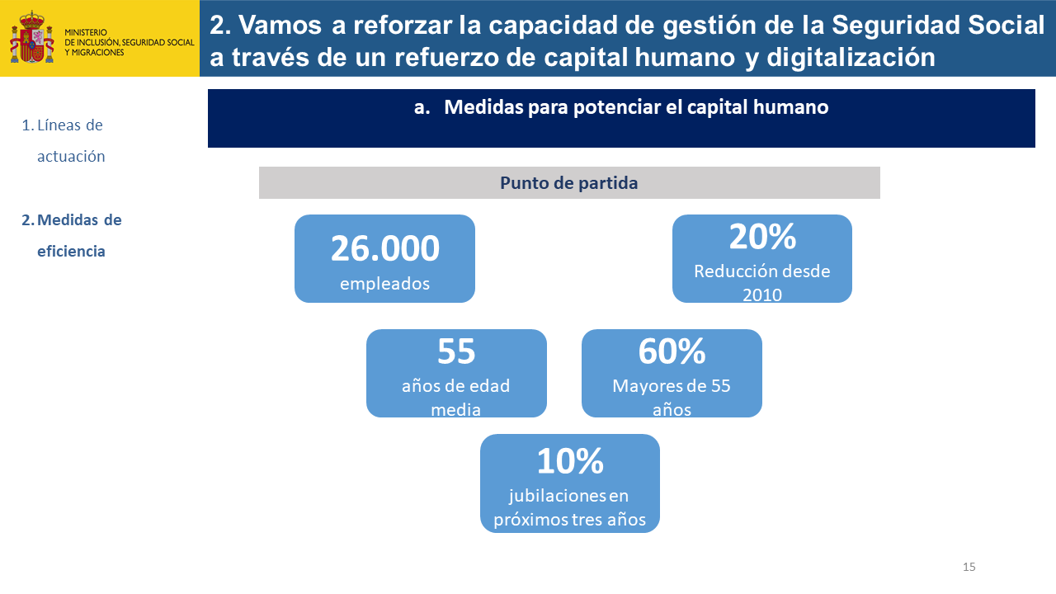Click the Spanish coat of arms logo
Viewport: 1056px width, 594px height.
pos(32,37)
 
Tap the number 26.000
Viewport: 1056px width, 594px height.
pos(384,248)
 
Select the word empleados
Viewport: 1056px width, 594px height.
pos(384,283)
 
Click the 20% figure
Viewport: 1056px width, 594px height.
pos(762,237)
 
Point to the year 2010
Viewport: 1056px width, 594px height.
pos(762,295)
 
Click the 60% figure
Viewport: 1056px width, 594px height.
pos(672,351)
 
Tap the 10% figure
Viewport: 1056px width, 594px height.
pos(570,460)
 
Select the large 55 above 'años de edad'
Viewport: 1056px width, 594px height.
pos(456,351)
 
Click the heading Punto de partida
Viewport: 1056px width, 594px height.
pos(569,183)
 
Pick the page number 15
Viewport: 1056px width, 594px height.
pos(969,567)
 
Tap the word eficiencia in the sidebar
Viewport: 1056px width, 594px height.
pos(71,251)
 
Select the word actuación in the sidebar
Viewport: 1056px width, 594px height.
pos(71,156)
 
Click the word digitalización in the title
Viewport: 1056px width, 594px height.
pos(851,57)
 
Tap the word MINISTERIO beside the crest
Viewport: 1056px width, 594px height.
pos(86,32)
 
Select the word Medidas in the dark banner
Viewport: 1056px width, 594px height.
pos(483,107)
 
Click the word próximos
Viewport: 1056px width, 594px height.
pos(530,520)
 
